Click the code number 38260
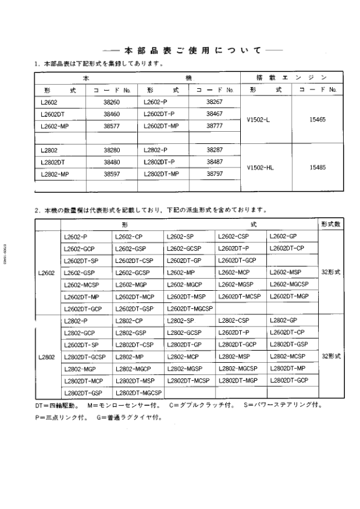(x=112, y=102)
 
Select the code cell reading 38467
(x=214, y=114)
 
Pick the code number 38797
(x=214, y=173)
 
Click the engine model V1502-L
(x=258, y=120)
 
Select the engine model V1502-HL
(x=260, y=167)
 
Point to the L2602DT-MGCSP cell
(x=189, y=308)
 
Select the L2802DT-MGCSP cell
(x=138, y=393)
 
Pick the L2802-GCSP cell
(x=185, y=332)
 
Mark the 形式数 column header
(x=331, y=224)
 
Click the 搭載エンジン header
(x=291, y=77)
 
